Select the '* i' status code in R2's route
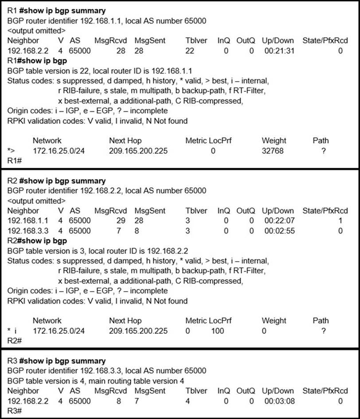click(x=13, y=331)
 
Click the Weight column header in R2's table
click(x=274, y=320)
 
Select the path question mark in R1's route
click(x=324, y=151)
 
